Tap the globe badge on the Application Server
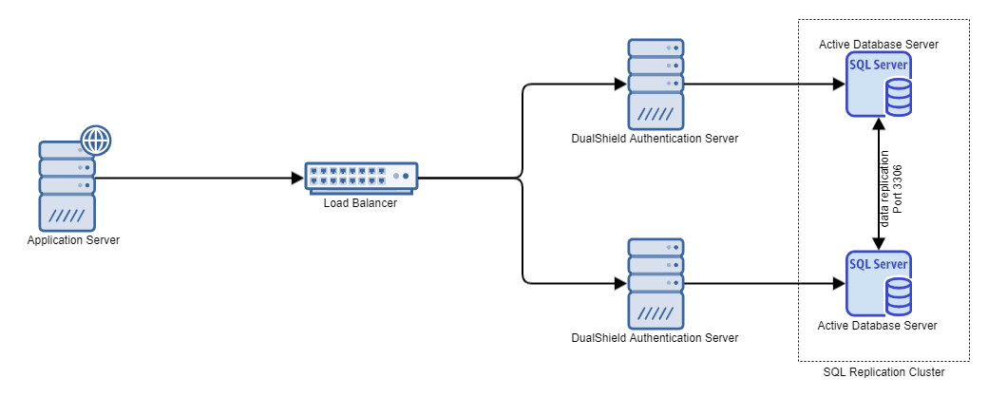pyautogui.click(x=95, y=141)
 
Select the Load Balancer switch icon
pyautogui.click(x=361, y=177)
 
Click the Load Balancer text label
pyautogui.click(x=361, y=201)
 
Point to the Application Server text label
pyautogui.click(x=73, y=240)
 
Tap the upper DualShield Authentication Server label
pyautogui.click(x=655, y=139)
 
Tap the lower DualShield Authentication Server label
pyautogui.click(x=655, y=338)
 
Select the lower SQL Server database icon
pyautogui.click(x=879, y=283)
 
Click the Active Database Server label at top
pyautogui.click(x=878, y=44)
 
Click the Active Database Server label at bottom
pyautogui.click(x=878, y=326)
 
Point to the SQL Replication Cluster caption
pyautogui.click(x=883, y=373)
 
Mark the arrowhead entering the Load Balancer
pyautogui.click(x=297, y=178)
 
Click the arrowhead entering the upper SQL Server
pyautogui.click(x=839, y=85)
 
